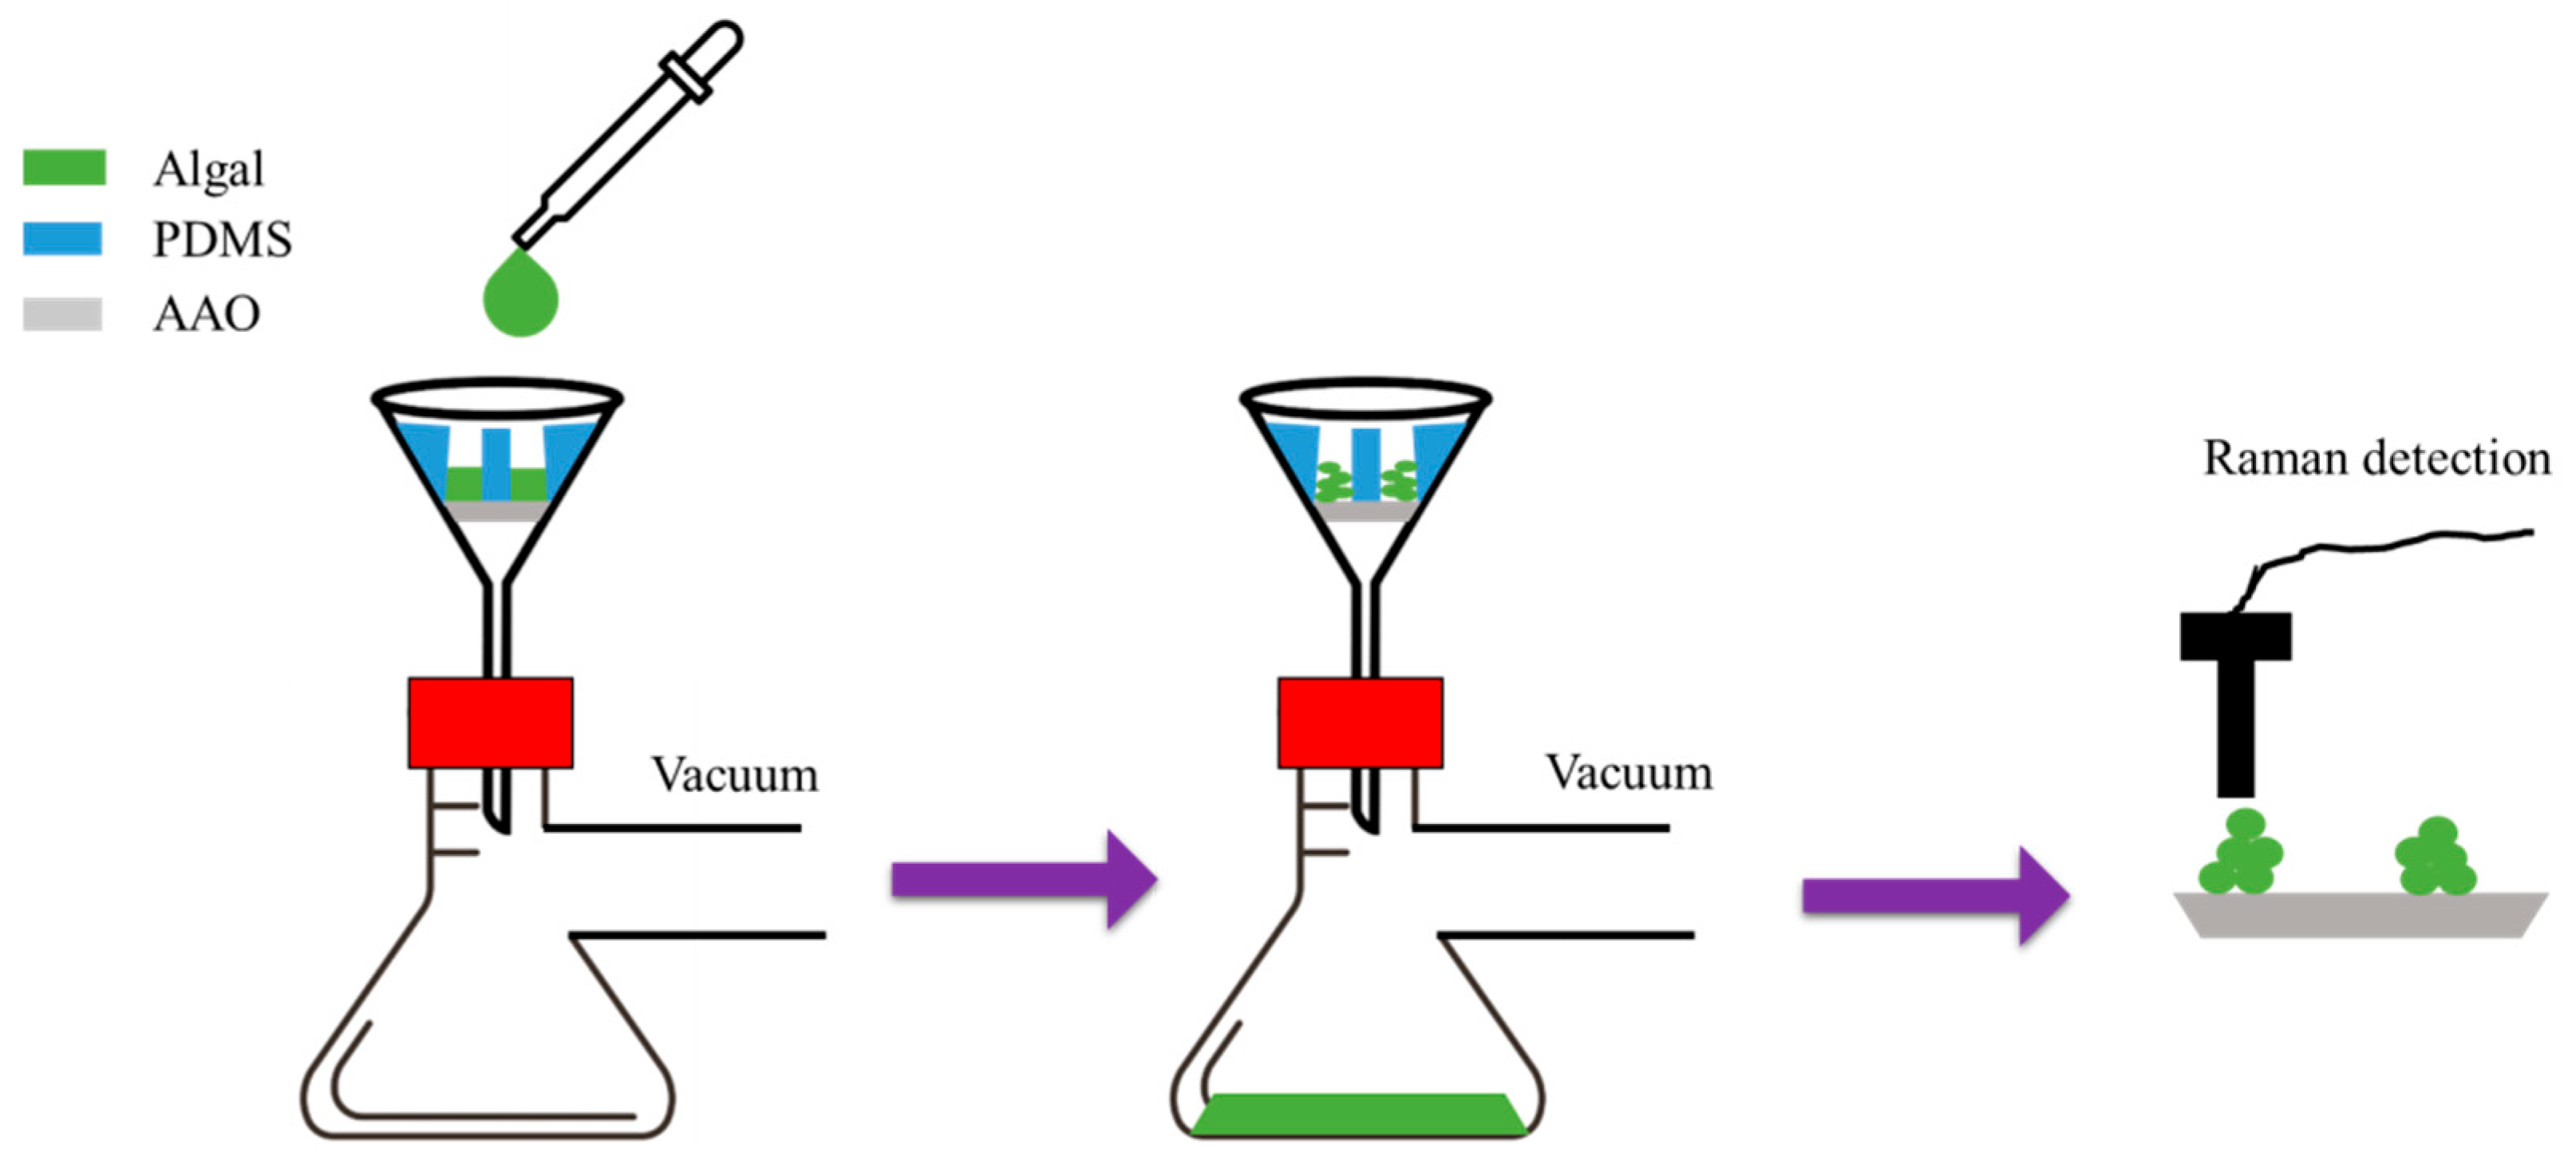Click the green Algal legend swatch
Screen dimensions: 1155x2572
(x=64, y=167)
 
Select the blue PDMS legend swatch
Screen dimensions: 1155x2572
(x=62, y=238)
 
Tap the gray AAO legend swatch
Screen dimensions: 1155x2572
(x=62, y=313)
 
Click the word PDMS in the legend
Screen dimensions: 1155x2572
(x=222, y=239)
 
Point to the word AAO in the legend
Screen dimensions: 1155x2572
(x=206, y=314)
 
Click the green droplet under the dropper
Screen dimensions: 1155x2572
(x=520, y=297)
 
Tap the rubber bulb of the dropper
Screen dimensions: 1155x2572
(x=714, y=48)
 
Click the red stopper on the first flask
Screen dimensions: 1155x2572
(x=490, y=722)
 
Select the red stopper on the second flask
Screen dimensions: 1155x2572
(x=1360, y=722)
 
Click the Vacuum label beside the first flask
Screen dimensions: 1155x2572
(x=734, y=775)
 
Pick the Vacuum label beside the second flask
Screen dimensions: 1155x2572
(x=1629, y=773)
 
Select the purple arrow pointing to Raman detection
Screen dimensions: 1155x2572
(x=1934, y=896)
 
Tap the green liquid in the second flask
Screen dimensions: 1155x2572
(x=1359, y=1114)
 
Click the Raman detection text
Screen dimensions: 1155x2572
(x=2376, y=458)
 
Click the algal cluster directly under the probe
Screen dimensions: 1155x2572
(x=2241, y=854)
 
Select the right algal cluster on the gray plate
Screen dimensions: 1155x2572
(x=2434, y=857)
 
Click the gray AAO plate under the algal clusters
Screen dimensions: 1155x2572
(x=2361, y=914)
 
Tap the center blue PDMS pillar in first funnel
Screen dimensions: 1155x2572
(x=496, y=463)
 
